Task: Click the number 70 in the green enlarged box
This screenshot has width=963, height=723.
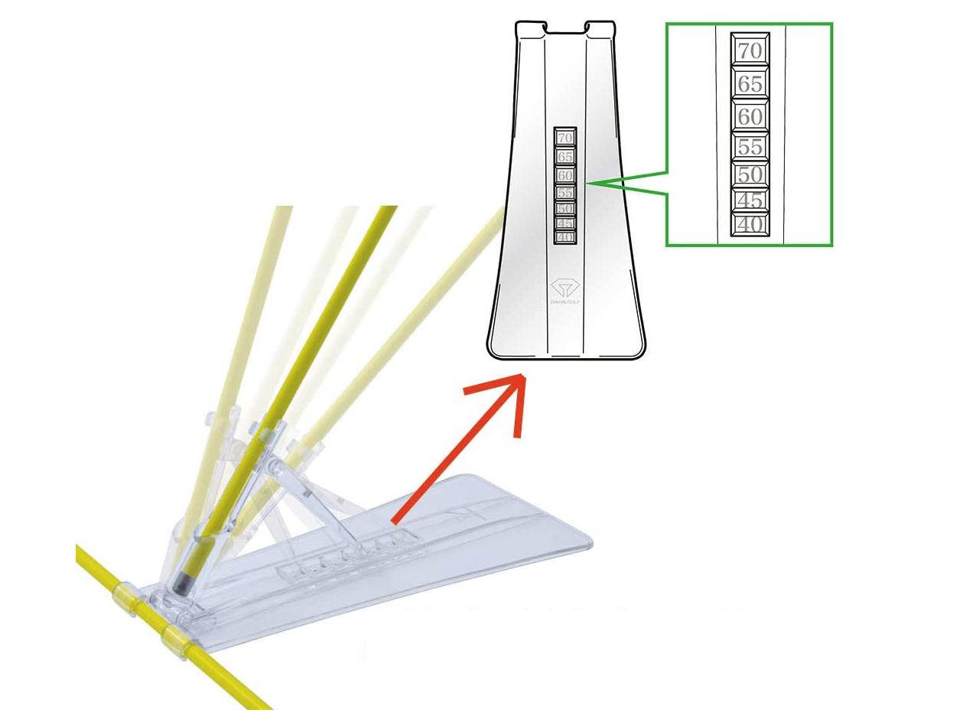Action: (x=750, y=51)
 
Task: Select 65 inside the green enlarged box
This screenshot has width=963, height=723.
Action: (x=750, y=83)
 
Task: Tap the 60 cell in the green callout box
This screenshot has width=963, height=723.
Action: (x=750, y=116)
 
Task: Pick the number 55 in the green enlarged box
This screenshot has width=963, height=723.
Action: (x=750, y=147)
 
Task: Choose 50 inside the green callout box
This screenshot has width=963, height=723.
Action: (x=750, y=175)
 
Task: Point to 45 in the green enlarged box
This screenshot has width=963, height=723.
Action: (x=750, y=200)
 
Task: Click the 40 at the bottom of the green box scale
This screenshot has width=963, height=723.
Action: (x=750, y=224)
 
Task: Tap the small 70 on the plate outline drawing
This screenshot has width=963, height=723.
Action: (x=565, y=138)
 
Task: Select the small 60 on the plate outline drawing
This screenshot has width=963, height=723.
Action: (x=565, y=175)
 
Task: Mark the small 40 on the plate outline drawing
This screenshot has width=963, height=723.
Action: (x=565, y=237)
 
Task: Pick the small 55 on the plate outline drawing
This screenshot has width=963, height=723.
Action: (x=565, y=193)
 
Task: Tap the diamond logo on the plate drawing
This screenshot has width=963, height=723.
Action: (x=566, y=288)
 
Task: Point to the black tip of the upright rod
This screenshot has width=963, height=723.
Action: (x=183, y=581)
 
